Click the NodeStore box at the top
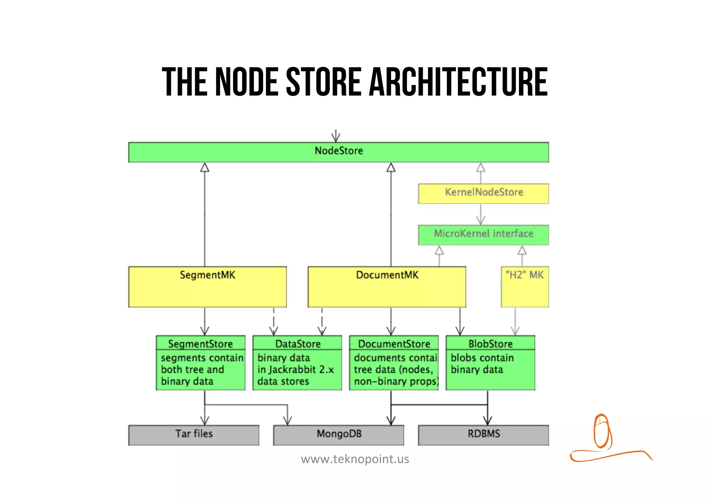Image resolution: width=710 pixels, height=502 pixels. (338, 152)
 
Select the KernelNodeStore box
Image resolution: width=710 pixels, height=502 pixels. (483, 193)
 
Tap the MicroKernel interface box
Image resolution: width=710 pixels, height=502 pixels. (483, 235)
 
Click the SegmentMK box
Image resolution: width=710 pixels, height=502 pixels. (207, 287)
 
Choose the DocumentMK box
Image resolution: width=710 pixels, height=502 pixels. (387, 287)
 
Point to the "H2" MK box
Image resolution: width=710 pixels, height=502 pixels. (525, 287)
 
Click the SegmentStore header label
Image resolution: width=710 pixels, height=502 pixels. (200, 343)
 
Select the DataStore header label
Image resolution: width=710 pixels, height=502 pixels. (297, 343)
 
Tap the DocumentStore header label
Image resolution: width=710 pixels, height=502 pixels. (394, 343)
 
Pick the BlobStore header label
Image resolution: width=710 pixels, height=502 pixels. (490, 343)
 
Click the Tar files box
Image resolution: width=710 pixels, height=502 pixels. (193, 435)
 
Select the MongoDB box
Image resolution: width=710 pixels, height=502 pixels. (338, 435)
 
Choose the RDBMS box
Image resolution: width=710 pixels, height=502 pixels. (483, 435)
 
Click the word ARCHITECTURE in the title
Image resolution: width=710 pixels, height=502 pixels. (458, 82)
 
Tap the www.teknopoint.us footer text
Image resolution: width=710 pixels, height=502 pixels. (355, 459)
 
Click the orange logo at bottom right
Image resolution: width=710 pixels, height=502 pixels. (604, 437)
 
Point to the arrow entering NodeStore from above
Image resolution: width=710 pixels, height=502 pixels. (336, 136)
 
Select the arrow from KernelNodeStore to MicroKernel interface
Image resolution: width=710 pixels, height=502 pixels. (480, 214)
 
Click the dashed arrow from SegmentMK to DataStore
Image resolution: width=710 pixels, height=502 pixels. (274, 321)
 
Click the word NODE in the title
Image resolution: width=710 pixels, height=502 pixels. (246, 82)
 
